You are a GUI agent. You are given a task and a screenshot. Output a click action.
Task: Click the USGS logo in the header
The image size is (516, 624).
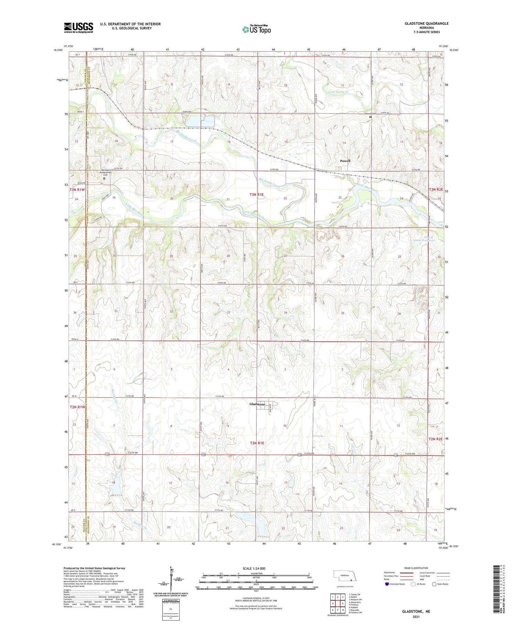(x=78, y=28)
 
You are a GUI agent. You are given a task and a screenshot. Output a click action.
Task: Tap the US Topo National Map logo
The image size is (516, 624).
(x=257, y=29)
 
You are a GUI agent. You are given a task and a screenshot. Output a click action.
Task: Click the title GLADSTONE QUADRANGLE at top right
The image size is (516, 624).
(x=427, y=23)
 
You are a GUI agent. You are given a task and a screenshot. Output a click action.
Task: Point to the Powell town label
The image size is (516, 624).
(x=345, y=161)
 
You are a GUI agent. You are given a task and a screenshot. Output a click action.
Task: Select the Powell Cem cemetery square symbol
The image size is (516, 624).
(x=370, y=117)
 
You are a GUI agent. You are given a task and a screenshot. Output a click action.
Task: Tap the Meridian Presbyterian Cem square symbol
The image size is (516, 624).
(x=105, y=178)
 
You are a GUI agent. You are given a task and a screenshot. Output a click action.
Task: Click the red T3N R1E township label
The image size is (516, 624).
(x=256, y=194)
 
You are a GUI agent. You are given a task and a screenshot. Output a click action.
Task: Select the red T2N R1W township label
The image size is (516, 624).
(x=77, y=407)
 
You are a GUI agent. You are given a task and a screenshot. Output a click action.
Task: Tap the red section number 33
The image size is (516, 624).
(x=228, y=312)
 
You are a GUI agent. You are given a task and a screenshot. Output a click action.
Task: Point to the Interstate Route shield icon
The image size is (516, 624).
(x=387, y=584)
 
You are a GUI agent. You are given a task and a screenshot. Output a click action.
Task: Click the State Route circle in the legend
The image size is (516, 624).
(x=434, y=584)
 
